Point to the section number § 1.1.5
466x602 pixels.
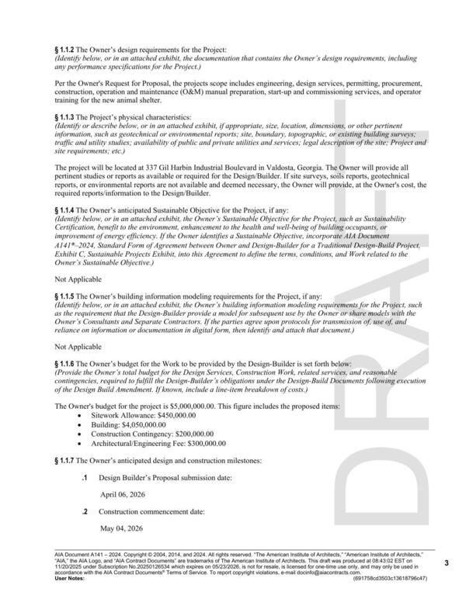pyautogui.click(x=66, y=296)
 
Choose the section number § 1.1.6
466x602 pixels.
pyautogui.click(x=66, y=364)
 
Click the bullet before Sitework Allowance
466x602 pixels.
pyautogui.click(x=82, y=417)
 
